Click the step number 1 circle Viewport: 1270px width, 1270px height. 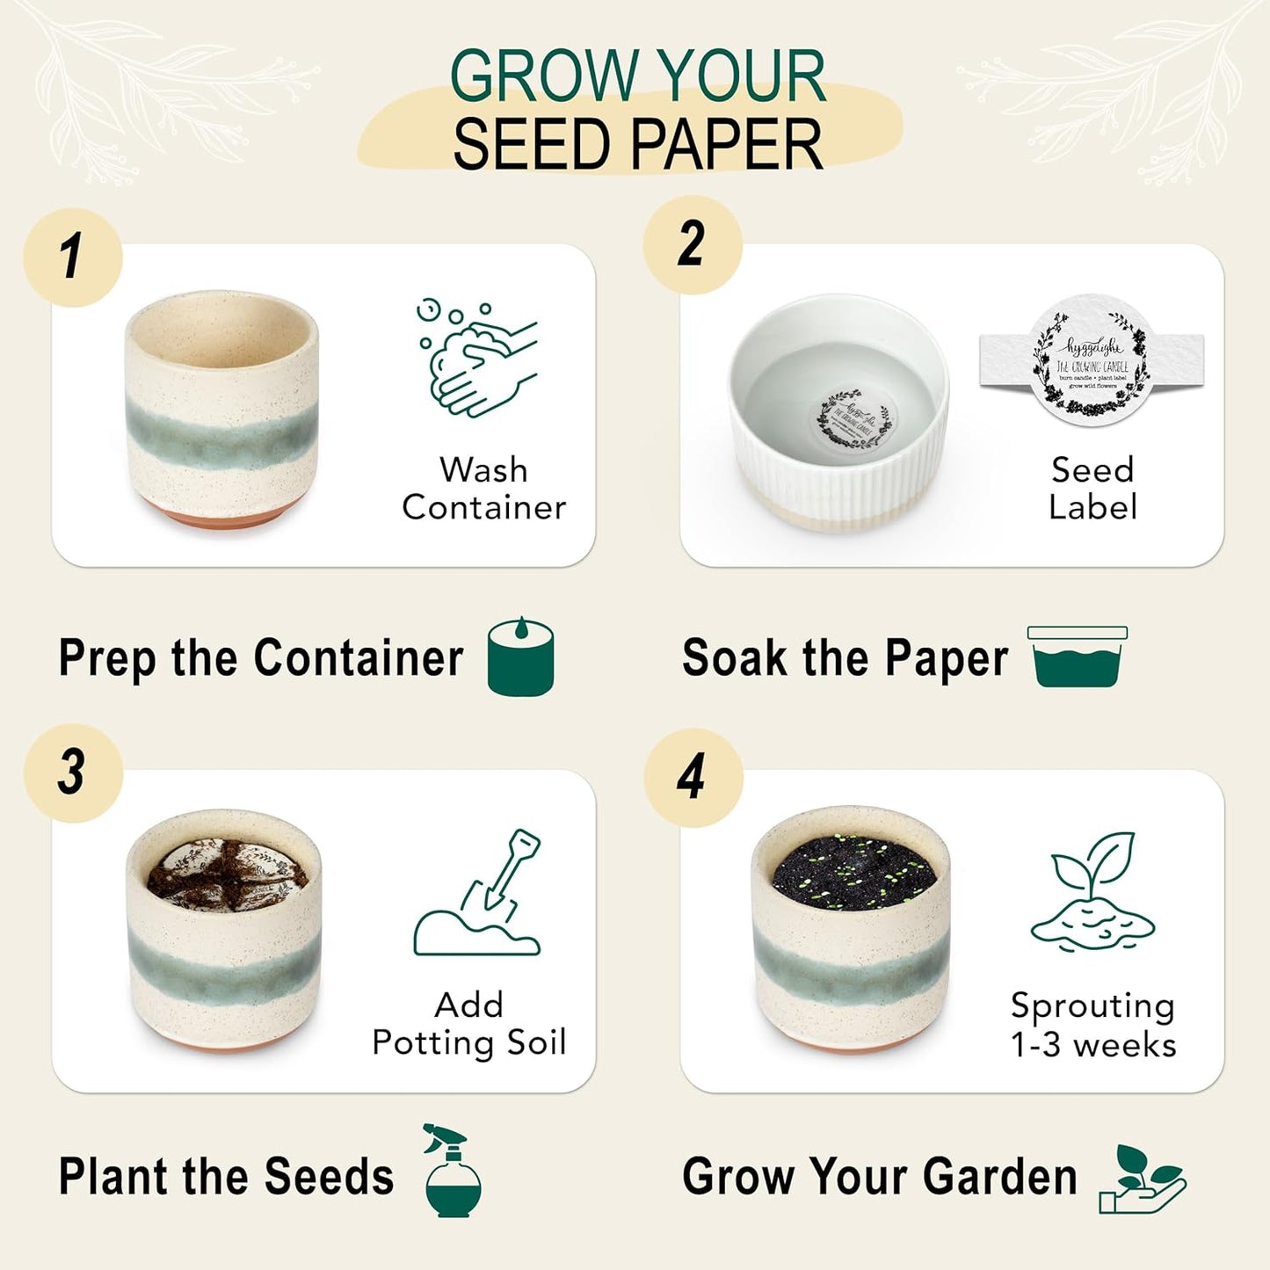[x=73, y=258]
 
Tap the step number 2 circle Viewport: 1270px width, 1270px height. [x=693, y=244]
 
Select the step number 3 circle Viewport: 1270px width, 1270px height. [x=73, y=773]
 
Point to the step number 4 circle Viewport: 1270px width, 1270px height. [x=693, y=778]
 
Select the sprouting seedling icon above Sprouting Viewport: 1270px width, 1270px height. [x=1092, y=891]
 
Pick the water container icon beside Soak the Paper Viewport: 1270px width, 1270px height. [x=1078, y=657]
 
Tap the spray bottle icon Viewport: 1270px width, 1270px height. [x=452, y=1171]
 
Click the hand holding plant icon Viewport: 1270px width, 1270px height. [x=1142, y=1179]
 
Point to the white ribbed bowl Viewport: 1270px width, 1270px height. [x=838, y=413]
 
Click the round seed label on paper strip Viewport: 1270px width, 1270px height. [x=1091, y=361]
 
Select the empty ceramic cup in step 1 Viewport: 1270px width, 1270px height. [x=221, y=410]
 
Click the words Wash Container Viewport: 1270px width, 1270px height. [x=483, y=489]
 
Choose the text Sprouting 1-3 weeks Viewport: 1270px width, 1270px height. [x=1092, y=1025]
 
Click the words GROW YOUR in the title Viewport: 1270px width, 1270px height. [x=637, y=76]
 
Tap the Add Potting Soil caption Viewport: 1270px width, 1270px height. [x=469, y=1024]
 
